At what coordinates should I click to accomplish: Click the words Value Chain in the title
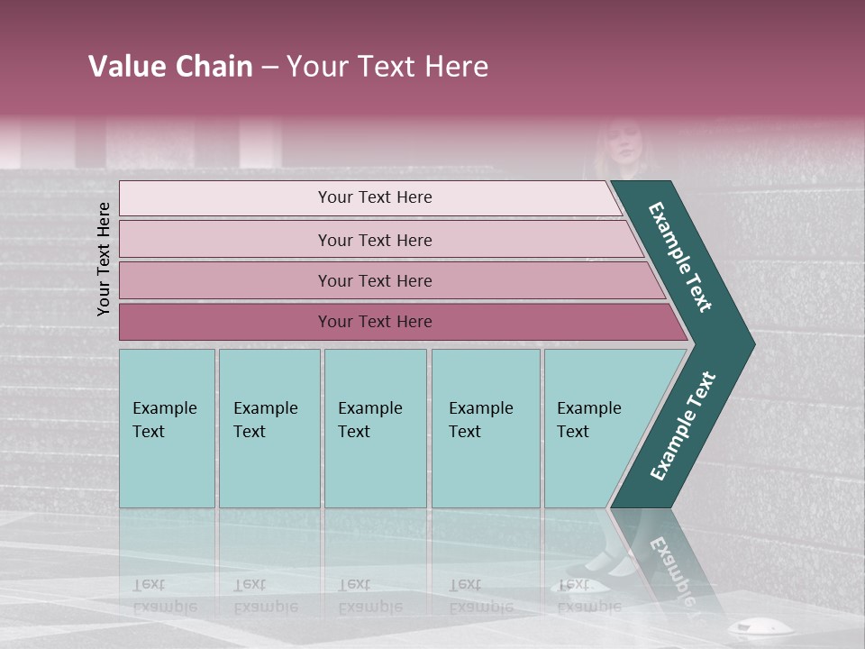tap(170, 67)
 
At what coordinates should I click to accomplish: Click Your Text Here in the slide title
tap(387, 67)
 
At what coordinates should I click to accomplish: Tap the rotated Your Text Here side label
tap(104, 259)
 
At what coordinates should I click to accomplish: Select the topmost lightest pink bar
tap(225, 198)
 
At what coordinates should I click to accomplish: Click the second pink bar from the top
tap(225, 240)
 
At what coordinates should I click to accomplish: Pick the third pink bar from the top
tap(225, 280)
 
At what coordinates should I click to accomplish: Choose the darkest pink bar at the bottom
tap(225, 322)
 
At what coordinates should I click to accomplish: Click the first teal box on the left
tap(167, 428)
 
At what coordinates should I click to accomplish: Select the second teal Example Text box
tap(269, 428)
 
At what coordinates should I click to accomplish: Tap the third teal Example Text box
tap(375, 428)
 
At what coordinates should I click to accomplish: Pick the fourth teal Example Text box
tap(485, 428)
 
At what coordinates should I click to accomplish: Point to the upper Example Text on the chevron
tap(680, 257)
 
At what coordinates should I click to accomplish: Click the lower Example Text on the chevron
tap(682, 426)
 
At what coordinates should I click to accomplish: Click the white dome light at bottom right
tap(745, 627)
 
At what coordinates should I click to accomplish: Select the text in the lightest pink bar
tap(375, 197)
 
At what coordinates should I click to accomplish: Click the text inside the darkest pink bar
tap(375, 322)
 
